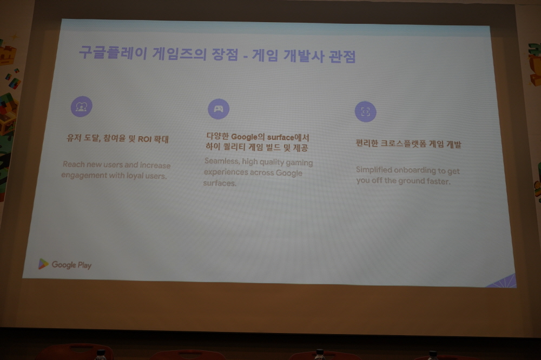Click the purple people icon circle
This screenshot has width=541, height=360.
[82, 106]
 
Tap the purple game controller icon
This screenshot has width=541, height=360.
[219, 109]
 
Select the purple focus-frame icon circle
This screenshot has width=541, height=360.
[365, 111]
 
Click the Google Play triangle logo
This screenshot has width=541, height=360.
[43, 264]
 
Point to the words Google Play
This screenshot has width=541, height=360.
[72, 265]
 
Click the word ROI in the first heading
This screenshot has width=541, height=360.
[145, 139]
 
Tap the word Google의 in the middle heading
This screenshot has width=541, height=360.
[248, 137]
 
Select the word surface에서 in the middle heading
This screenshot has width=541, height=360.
[288, 138]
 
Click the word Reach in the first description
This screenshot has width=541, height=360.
[74, 164]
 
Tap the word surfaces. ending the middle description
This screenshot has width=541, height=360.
[220, 183]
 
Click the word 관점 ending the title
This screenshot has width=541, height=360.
[342, 56]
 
